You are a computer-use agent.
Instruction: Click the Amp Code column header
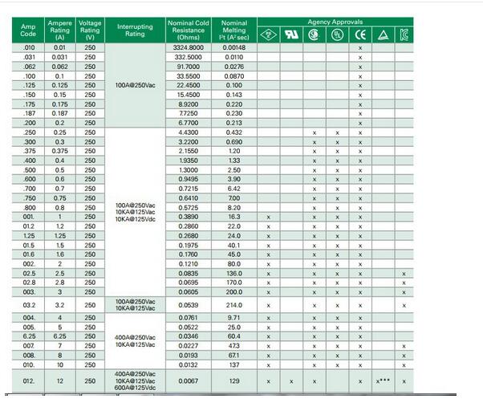(28, 31)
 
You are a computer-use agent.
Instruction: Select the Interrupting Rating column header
(135, 31)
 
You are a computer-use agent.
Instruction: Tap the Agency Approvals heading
(335, 22)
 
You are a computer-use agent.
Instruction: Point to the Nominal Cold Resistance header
(189, 31)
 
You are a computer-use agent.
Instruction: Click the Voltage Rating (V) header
(90, 31)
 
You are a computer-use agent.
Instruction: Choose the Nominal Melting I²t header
(233, 31)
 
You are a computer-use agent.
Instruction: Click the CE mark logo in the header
(360, 35)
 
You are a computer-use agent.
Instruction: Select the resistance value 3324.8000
(189, 49)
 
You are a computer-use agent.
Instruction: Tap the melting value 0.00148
(233, 49)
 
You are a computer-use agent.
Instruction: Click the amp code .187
(29, 114)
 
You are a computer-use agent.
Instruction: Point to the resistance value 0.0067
(189, 381)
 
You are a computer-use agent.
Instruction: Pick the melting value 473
(233, 346)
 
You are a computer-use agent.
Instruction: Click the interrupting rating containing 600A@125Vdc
(135, 381)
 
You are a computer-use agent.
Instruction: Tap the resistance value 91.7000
(189, 67)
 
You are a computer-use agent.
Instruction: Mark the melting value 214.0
(233, 305)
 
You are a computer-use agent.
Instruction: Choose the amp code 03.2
(29, 305)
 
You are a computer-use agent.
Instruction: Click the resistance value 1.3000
(189, 169)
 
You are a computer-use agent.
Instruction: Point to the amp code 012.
(29, 381)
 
